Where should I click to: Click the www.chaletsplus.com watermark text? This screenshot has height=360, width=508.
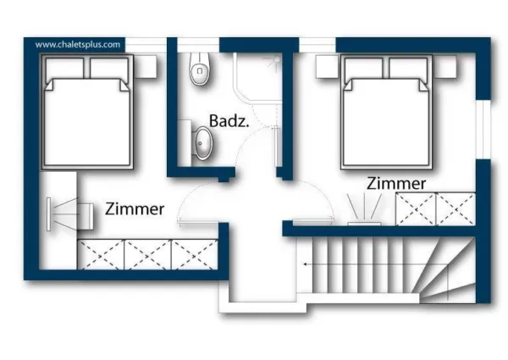[79, 43]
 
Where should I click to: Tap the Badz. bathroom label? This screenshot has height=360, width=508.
[228, 121]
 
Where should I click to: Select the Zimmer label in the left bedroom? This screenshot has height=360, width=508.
[135, 209]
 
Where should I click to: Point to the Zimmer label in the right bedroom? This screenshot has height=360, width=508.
[396, 183]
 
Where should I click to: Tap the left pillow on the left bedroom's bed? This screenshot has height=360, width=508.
[66, 68]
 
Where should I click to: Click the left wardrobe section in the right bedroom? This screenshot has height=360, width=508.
[416, 208]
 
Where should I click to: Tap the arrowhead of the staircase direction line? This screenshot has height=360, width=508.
[307, 264]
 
